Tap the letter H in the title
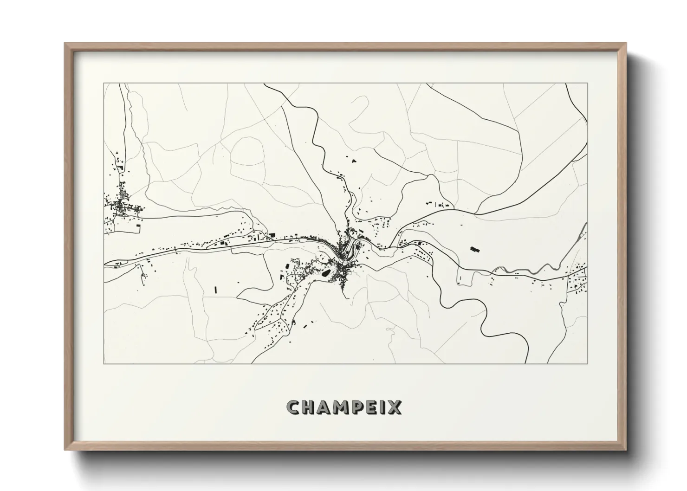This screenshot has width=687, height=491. (x=309, y=407)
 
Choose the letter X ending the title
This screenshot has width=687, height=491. (x=395, y=407)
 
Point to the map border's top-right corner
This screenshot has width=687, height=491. (x=587, y=84)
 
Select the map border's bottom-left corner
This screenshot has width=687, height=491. (x=104, y=363)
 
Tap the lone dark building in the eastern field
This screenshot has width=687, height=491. (x=474, y=249)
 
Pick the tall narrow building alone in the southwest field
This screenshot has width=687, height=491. (x=216, y=289)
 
